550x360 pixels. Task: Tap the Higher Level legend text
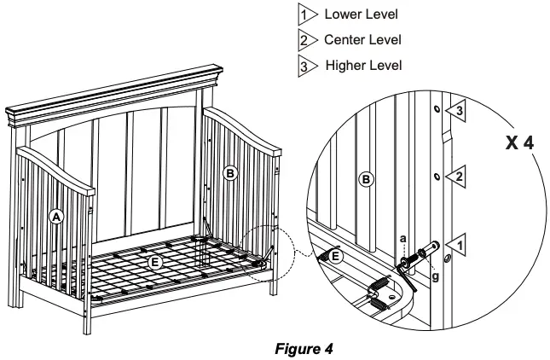(x=354, y=64)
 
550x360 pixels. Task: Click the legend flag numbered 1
(x=305, y=15)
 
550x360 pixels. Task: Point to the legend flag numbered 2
(x=305, y=40)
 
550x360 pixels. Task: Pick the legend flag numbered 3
(x=305, y=65)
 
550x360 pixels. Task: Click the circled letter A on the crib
(x=56, y=217)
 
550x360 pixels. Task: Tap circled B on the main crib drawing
(x=229, y=172)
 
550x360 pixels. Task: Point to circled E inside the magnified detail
(x=338, y=257)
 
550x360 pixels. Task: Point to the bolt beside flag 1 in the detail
(x=422, y=253)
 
